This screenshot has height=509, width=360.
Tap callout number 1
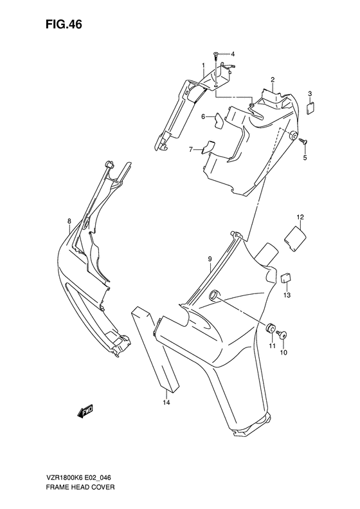click(203, 66)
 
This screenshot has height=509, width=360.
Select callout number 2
click(273, 80)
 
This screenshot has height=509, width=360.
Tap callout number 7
click(191, 149)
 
